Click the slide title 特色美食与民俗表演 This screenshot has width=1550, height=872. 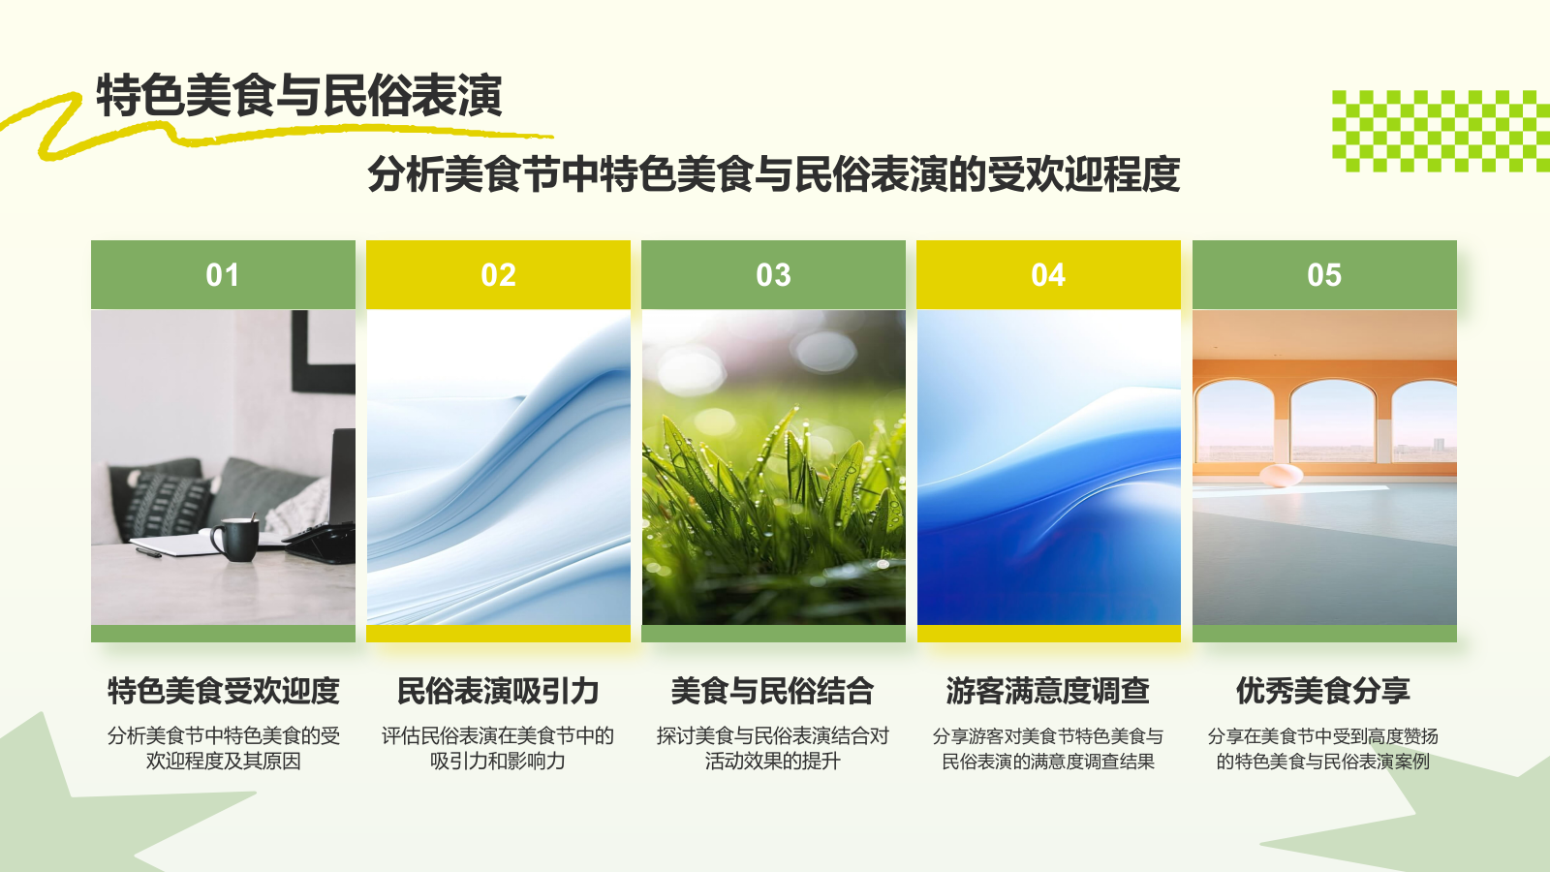(298, 96)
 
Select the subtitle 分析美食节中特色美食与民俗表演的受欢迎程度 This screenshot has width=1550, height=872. (773, 174)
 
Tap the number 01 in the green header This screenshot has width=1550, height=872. (223, 275)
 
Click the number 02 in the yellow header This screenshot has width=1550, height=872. (498, 275)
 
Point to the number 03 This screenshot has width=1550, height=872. (773, 275)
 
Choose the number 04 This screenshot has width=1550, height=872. (1048, 275)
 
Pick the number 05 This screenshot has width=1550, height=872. (1323, 275)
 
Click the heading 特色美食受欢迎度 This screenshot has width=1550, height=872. (223, 691)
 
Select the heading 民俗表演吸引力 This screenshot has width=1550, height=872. (498, 691)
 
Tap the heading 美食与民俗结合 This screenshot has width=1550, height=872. (773, 691)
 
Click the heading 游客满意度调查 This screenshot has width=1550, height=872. (1048, 691)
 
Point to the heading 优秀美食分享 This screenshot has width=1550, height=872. (1323, 691)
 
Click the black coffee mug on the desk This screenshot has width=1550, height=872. (236, 539)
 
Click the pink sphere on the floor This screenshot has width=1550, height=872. (1281, 475)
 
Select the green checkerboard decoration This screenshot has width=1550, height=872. (1440, 131)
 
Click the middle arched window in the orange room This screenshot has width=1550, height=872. (1333, 421)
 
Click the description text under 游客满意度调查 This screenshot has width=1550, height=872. (1048, 748)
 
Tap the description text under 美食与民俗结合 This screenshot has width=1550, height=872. (773, 748)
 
